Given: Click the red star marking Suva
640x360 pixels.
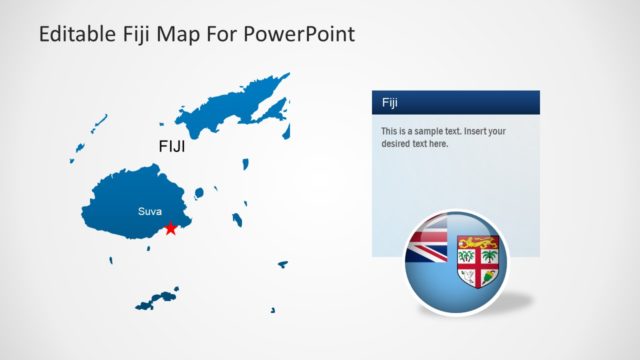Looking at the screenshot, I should (171, 228).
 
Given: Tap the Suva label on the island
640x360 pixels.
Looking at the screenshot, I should (149, 212).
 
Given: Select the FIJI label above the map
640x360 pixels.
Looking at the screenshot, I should (173, 146).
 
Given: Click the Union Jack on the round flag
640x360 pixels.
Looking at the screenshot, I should (427, 245).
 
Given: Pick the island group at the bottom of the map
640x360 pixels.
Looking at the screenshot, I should (156, 299).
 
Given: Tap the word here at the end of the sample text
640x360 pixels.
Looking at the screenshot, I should (438, 144).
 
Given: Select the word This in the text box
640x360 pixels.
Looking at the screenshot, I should (390, 132).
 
